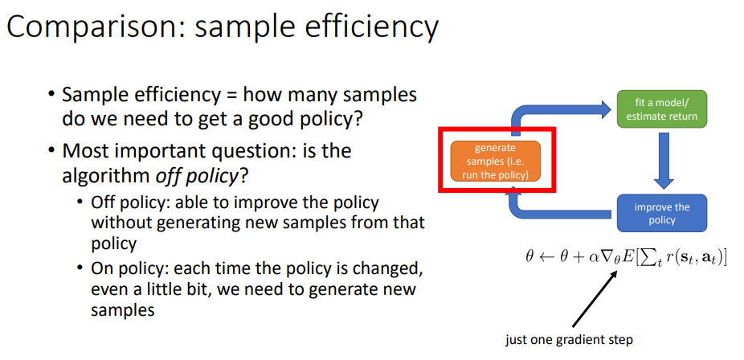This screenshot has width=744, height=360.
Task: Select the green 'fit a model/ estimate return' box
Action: pos(661,108)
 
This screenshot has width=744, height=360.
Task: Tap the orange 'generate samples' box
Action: pos(495,162)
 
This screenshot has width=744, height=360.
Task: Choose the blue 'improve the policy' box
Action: pos(662,214)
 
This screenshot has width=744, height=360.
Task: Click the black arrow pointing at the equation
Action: pos(595,298)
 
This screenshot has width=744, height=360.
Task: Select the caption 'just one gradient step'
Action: pos(569,340)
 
